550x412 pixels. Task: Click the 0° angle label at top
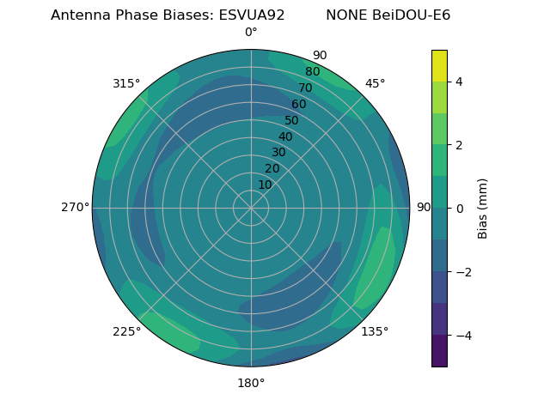click(x=251, y=33)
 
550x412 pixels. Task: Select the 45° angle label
click(x=375, y=83)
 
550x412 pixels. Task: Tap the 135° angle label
click(x=375, y=331)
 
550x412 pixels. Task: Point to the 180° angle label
click(x=251, y=383)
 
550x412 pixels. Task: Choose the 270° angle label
click(x=75, y=208)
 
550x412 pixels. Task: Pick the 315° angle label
click(x=126, y=83)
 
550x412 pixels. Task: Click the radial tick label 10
click(x=265, y=185)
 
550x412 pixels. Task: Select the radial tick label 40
click(x=285, y=136)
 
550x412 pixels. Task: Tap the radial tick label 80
click(x=312, y=72)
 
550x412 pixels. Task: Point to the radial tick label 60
click(x=298, y=105)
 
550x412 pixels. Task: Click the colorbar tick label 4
click(x=459, y=82)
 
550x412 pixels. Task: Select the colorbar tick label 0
click(x=459, y=209)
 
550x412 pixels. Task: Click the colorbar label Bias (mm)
click(x=483, y=209)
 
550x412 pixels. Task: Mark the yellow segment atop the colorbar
click(x=439, y=65)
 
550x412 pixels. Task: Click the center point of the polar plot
click(x=251, y=208)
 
